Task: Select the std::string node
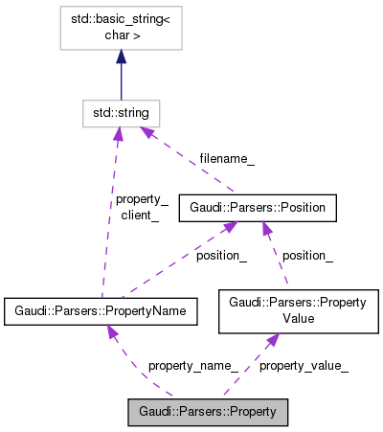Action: pyautogui.click(x=121, y=114)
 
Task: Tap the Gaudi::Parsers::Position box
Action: pyautogui.click(x=258, y=207)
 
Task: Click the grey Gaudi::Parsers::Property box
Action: pyautogui.click(x=207, y=412)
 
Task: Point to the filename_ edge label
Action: pyautogui.click(x=227, y=159)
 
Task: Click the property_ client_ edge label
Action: pyautogui.click(x=141, y=208)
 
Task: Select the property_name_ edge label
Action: pyautogui.click(x=192, y=365)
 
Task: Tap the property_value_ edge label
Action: pyautogui.click(x=304, y=365)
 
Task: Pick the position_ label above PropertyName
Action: pyautogui.click(x=221, y=256)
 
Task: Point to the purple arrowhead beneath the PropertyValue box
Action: pyautogui.click(x=273, y=340)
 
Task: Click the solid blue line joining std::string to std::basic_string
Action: pyautogui.click(x=121, y=81)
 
